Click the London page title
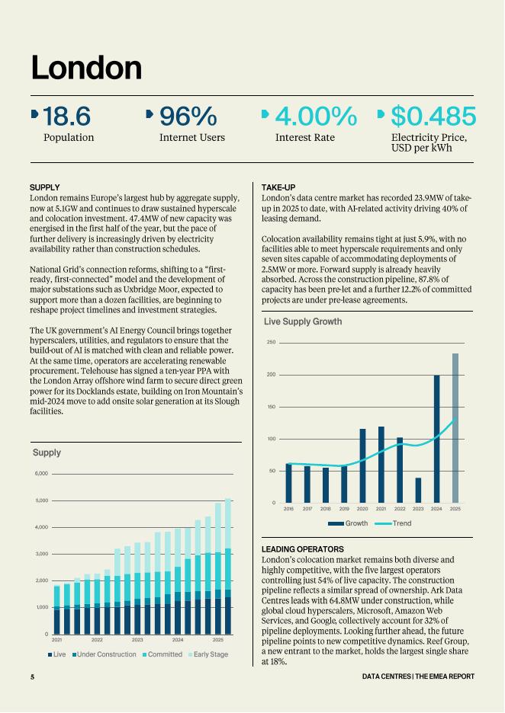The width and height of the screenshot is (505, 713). click(86, 68)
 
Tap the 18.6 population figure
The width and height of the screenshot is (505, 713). click(66, 117)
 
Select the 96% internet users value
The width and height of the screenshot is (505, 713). click(188, 117)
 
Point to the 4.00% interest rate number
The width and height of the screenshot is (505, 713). click(315, 117)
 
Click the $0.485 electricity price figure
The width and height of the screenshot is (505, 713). click(433, 117)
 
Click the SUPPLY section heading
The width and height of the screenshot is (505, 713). click(44, 187)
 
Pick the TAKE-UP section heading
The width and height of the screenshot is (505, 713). click(278, 187)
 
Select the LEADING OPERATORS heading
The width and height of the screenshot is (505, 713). click(303, 549)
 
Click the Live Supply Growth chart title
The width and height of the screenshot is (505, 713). click(298, 322)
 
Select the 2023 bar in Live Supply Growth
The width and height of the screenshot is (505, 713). click(418, 490)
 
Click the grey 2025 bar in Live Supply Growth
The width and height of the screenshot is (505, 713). click(455, 428)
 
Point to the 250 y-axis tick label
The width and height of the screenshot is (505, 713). click(271, 343)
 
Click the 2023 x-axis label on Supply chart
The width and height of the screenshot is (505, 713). click(137, 641)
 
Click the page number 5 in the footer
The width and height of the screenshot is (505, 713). click(32, 676)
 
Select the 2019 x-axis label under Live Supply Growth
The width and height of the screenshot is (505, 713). click(344, 508)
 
